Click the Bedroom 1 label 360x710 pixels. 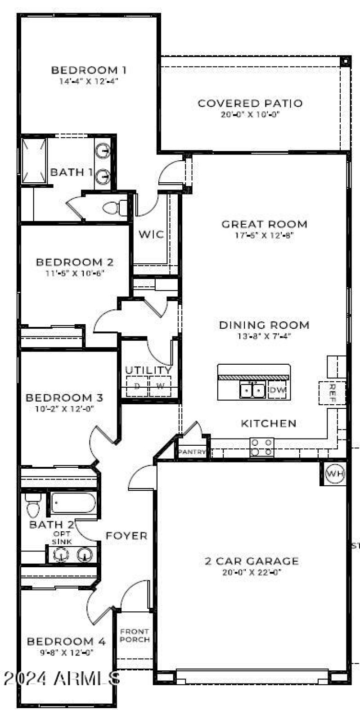[x=89, y=70]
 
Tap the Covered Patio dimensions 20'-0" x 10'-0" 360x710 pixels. [x=250, y=115]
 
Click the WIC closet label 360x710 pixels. [x=151, y=234]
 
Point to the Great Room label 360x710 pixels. [x=264, y=224]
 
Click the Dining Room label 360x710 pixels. [x=264, y=325]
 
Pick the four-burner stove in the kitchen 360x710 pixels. [x=262, y=447]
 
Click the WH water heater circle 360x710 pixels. [x=334, y=474]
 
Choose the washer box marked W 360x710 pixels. [x=160, y=386]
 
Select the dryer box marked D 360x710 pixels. [x=137, y=386]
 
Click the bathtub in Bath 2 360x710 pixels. [x=73, y=502]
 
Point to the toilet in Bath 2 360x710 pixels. [x=33, y=505]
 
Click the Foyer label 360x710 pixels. [x=126, y=536]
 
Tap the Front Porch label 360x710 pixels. [x=135, y=635]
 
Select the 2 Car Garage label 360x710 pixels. [x=252, y=561]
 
